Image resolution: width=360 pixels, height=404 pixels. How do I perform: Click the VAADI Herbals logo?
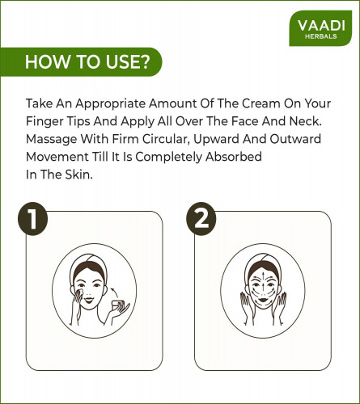coord(320,28)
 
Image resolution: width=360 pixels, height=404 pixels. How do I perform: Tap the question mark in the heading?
coord(144,61)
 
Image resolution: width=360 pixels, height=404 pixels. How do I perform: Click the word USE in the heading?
coord(121,61)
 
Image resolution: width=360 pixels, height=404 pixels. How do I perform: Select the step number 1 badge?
coord(32,219)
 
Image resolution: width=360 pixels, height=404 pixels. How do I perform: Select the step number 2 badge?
coord(201,219)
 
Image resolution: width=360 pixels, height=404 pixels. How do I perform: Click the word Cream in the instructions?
coord(261,103)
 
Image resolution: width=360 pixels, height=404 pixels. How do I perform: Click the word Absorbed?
coord(234,157)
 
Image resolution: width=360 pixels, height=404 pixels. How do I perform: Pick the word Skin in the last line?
coord(78,175)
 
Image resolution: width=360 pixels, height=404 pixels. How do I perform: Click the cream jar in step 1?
coord(118,305)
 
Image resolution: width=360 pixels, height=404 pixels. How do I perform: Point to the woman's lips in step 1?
coord(89,300)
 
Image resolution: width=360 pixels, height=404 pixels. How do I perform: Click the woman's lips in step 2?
coord(263,299)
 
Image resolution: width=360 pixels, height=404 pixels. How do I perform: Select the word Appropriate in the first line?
coord(111,104)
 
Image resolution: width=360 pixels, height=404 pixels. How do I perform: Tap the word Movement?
coord(57,157)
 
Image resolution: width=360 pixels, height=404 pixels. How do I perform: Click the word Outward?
coord(295,139)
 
